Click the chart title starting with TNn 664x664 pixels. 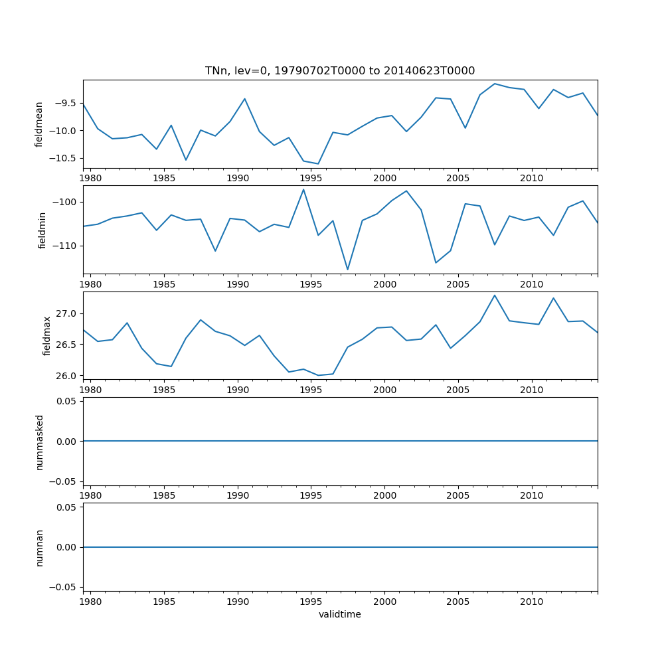click(x=340, y=71)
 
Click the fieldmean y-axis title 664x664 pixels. click(x=39, y=124)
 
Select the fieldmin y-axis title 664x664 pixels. click(x=42, y=230)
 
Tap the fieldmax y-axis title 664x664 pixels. click(x=46, y=335)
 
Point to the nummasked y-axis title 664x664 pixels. click(x=39, y=442)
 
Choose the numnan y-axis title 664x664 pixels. click(x=39, y=548)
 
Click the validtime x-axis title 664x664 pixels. click(x=340, y=615)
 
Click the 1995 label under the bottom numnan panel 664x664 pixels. click(x=311, y=602)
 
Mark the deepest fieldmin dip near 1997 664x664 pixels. click(x=347, y=270)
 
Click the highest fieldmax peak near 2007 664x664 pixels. click(x=495, y=295)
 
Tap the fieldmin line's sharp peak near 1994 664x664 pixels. click(x=303, y=189)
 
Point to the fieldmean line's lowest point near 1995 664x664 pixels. click(x=318, y=163)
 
